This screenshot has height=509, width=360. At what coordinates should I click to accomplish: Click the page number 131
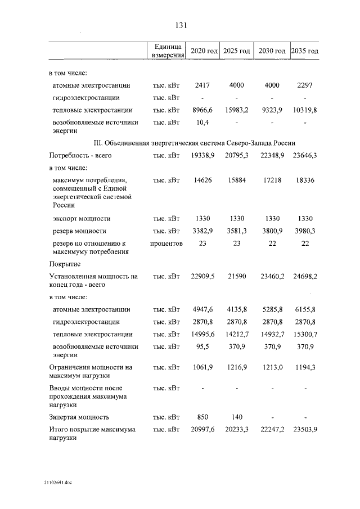click(180, 25)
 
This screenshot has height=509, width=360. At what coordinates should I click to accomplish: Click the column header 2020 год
click(204, 51)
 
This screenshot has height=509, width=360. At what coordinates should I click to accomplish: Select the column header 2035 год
click(305, 51)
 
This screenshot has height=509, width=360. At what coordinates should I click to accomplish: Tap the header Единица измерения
click(166, 51)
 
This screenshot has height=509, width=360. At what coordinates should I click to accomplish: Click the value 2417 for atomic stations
click(202, 85)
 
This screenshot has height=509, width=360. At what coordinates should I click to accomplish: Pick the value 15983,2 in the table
click(236, 110)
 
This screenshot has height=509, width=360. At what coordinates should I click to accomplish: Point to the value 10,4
click(202, 122)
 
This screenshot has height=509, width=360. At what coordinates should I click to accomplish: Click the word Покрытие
click(64, 264)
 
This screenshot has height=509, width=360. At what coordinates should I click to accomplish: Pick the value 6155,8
click(304, 309)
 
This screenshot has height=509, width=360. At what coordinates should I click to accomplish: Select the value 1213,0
click(271, 367)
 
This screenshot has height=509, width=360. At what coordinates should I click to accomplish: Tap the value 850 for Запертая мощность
click(202, 417)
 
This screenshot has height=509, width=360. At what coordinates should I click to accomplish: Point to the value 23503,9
click(304, 430)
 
